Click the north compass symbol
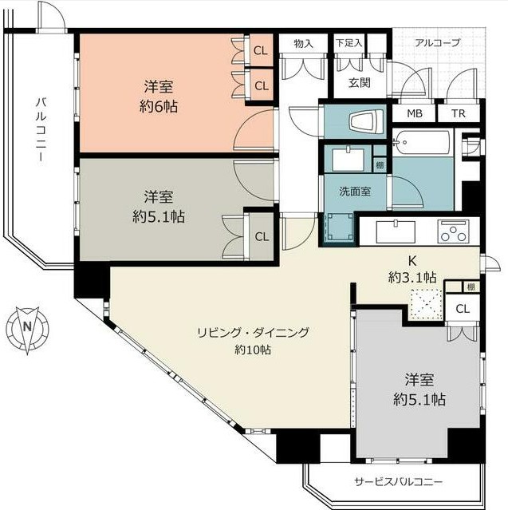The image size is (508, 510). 27,330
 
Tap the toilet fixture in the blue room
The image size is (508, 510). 366,121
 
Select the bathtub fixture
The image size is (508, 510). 422,142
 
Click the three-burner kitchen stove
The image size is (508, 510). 453,231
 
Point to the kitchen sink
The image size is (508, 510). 396,231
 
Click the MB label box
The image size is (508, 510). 415,113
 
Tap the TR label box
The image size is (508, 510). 459,113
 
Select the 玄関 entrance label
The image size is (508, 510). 360,83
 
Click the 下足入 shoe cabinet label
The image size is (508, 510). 349,43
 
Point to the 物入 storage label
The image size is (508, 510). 303,44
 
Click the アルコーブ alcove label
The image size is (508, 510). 438,42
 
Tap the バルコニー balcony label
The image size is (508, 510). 41,129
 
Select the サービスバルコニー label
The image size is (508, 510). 398,481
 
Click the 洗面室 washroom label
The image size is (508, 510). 355,192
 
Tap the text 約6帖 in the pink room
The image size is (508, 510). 159,106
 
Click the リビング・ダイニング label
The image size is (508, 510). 253,333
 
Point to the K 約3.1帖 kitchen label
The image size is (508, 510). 412,269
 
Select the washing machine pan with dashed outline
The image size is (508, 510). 340,227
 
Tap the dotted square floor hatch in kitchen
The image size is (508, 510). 427,304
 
